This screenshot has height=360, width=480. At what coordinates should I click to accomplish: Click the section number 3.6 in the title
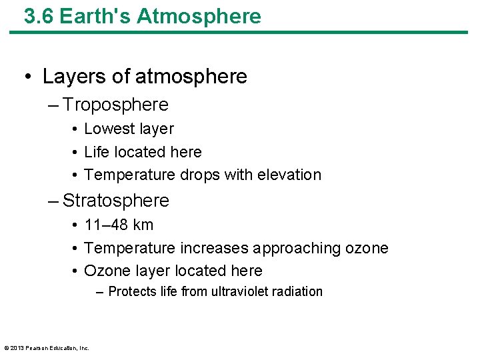tap(39, 17)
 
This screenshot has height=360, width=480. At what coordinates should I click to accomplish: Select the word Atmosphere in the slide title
tap(199, 17)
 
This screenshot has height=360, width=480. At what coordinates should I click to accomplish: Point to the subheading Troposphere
tap(115, 105)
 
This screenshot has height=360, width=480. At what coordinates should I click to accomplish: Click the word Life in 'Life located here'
tap(97, 152)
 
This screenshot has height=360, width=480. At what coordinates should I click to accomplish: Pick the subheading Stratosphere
tap(116, 200)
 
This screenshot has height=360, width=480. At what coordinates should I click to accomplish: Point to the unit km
tap(143, 225)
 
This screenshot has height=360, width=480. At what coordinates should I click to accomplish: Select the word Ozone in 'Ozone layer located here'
tap(104, 271)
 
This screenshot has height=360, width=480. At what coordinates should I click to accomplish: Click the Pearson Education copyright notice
tap(47, 347)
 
